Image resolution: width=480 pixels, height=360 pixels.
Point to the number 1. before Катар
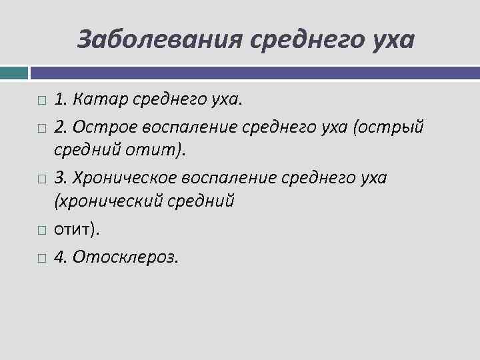(x=61, y=100)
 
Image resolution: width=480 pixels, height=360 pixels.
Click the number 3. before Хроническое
(x=61, y=178)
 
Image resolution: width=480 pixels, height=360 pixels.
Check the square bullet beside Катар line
(x=41, y=101)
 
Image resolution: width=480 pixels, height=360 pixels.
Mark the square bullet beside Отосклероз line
(x=41, y=257)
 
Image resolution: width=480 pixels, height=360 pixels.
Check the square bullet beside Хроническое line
(x=41, y=179)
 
